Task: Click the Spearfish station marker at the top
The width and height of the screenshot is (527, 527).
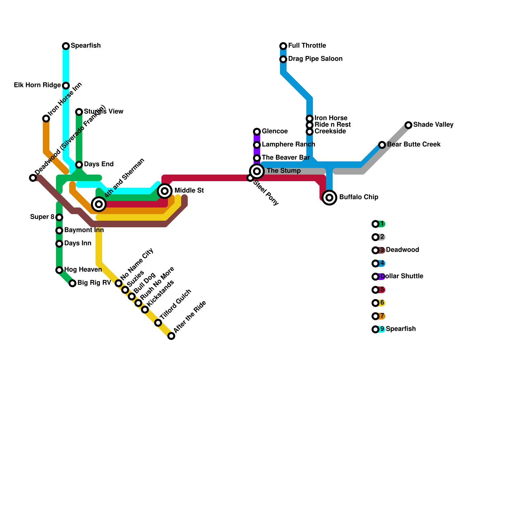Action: coord(66,46)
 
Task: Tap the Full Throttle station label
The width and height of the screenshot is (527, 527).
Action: coord(307,46)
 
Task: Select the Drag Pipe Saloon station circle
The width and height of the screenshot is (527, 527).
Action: coord(283,59)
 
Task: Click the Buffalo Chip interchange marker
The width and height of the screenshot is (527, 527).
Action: coord(329,198)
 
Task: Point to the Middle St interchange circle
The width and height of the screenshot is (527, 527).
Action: coord(165,191)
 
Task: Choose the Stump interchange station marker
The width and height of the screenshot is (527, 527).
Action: coord(257,171)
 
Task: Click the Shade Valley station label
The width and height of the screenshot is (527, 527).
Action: coord(433,125)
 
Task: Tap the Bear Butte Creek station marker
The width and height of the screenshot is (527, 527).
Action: coord(382,145)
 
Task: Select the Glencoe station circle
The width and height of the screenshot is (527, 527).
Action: coord(257,132)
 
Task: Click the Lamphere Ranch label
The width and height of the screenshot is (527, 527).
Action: coord(288,145)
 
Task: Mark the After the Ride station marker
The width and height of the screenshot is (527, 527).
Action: coord(171,336)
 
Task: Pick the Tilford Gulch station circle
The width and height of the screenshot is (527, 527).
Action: coord(158,323)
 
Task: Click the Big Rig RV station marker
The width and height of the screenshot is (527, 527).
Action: coord(72,283)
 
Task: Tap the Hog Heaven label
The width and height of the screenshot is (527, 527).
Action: coord(83,270)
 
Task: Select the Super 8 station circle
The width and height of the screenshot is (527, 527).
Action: coord(59,217)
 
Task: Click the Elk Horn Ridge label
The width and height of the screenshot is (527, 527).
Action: coord(37,85)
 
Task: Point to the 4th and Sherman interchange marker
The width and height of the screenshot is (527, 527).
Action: coord(99,204)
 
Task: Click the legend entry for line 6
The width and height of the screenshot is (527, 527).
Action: coord(379,303)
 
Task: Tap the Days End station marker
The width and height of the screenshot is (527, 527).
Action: coord(79,165)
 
